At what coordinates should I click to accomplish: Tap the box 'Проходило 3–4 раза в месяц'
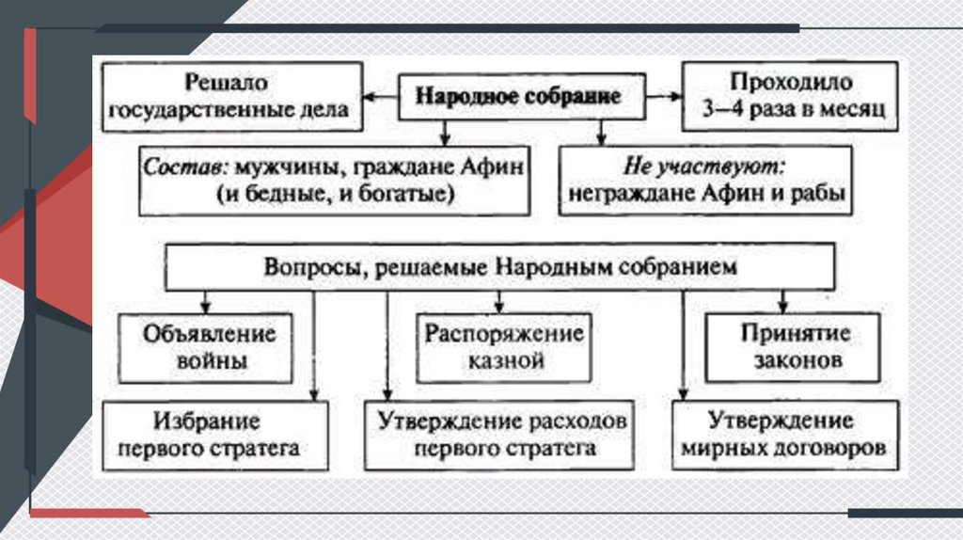pyautogui.click(x=790, y=96)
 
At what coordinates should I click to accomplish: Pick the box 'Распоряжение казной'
pyautogui.click(x=503, y=347)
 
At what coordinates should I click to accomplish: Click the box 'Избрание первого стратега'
pyautogui.click(x=215, y=434)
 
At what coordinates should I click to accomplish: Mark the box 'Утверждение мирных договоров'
pyautogui.click(x=781, y=434)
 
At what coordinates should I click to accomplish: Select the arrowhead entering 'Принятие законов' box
pyautogui.click(x=781, y=308)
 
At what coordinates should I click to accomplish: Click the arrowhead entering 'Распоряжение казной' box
pyautogui.click(x=500, y=308)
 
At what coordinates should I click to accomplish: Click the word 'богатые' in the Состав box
pyautogui.click(x=415, y=193)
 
